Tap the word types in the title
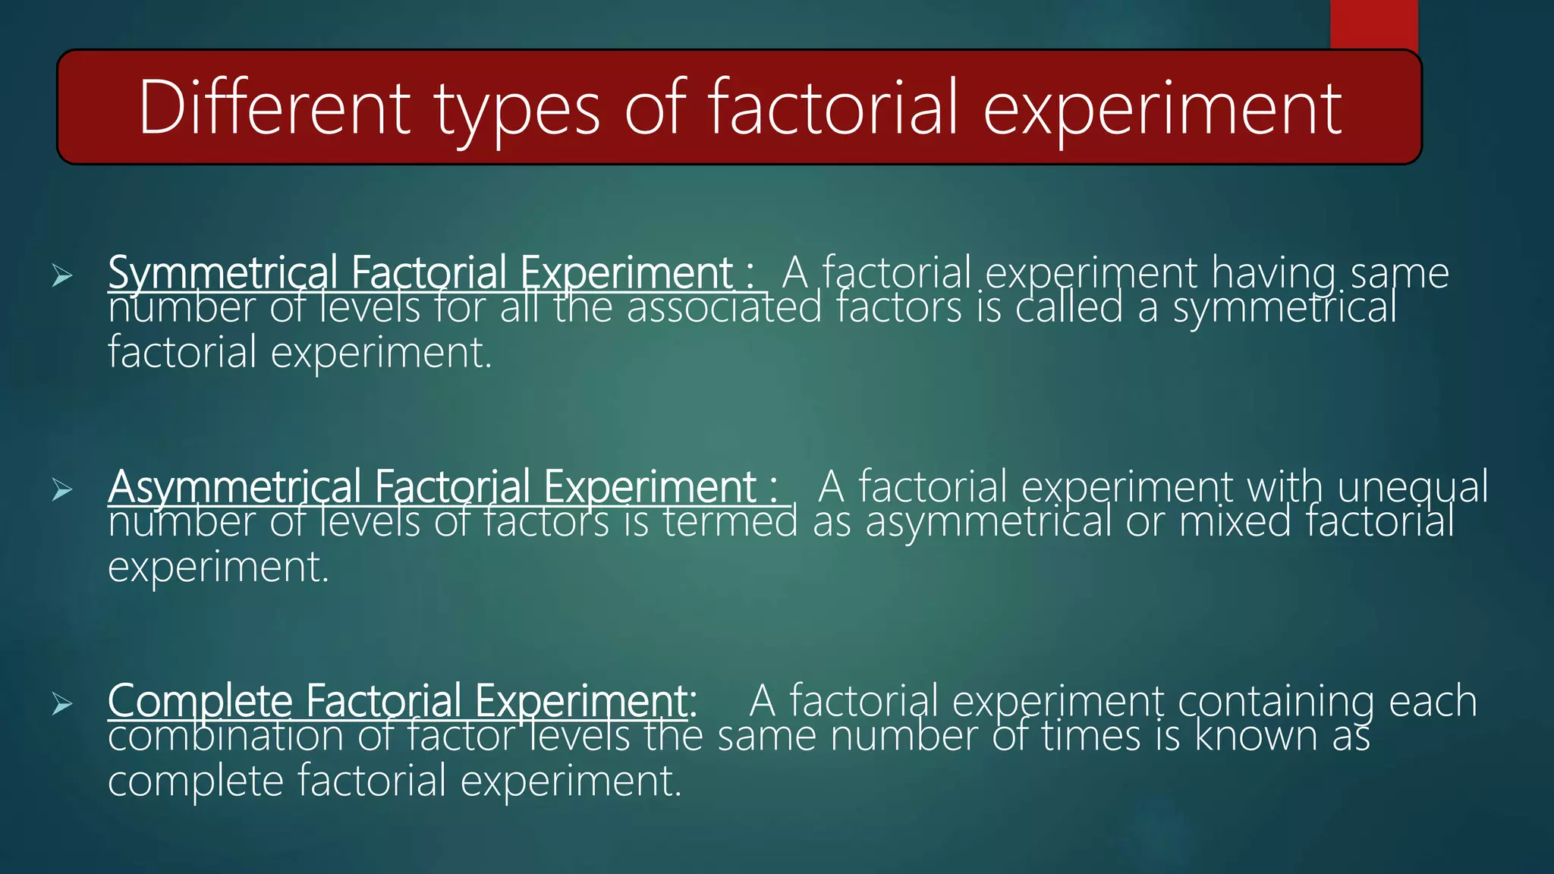(518, 111)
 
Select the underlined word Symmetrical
(222, 273)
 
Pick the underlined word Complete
(200, 701)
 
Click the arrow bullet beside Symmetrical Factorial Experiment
(62, 276)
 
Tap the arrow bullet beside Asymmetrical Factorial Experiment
(62, 490)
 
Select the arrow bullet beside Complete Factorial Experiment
(62, 704)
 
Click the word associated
(724, 308)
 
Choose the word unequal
(1412, 487)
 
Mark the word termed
(730, 522)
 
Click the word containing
(1276, 701)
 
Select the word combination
(225, 736)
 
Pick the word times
(1091, 736)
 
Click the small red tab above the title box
(1373, 24)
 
